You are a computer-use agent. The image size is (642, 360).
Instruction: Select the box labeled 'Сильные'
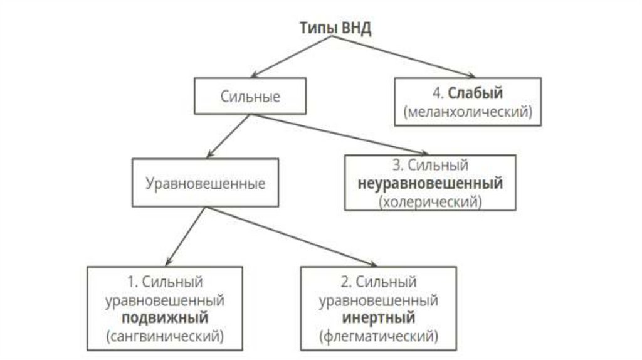coord(250,97)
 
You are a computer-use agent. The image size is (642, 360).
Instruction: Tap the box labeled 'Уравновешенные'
coord(206,184)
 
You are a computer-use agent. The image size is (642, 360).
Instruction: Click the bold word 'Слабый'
coord(484,93)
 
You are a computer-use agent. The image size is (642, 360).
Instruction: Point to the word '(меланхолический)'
coord(468,112)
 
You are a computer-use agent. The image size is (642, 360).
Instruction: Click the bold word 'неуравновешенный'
coord(431,184)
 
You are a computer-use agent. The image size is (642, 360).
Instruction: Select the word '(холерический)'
coord(430,202)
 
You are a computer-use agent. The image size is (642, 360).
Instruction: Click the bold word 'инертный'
coord(377,318)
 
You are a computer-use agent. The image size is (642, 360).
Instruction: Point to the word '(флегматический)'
coord(377,336)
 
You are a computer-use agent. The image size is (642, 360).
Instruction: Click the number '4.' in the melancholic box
coord(438,93)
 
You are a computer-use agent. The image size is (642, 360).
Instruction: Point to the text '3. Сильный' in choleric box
coord(430,166)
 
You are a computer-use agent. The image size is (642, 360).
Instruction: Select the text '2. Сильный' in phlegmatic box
coord(377,281)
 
